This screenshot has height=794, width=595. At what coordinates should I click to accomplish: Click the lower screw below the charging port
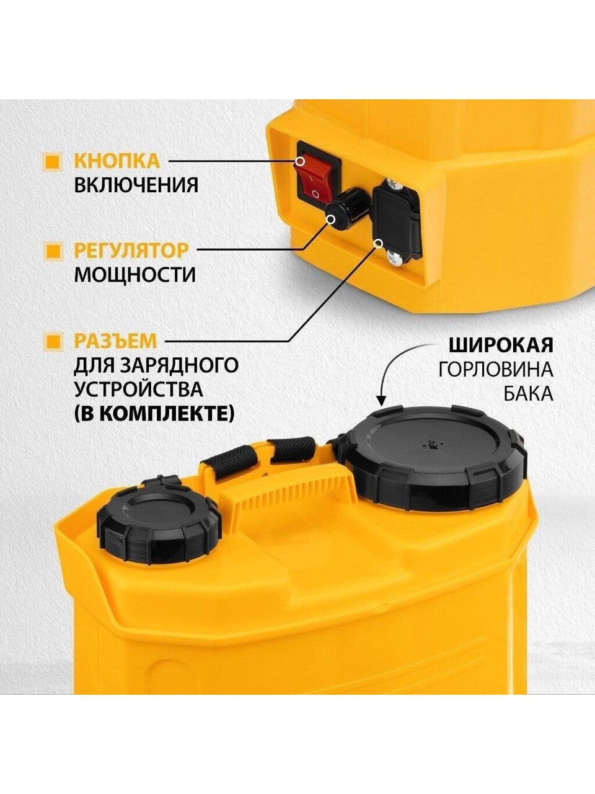tap(395, 257)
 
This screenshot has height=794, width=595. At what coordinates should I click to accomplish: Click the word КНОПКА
tap(117, 161)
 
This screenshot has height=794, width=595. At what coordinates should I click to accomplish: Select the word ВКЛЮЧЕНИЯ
tap(136, 185)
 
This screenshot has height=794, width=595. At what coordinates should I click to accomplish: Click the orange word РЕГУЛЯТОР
tap(131, 251)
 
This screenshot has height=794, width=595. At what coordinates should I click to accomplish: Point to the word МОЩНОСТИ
tap(134, 275)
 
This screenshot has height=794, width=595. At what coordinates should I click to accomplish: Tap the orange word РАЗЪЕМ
tap(116, 341)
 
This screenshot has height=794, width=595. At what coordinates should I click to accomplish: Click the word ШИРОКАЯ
tap(501, 346)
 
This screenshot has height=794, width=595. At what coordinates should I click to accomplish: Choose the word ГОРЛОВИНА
tap(496, 370)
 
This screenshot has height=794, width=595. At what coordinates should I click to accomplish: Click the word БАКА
tap(529, 393)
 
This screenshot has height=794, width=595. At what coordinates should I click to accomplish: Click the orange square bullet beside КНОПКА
tap(53, 162)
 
